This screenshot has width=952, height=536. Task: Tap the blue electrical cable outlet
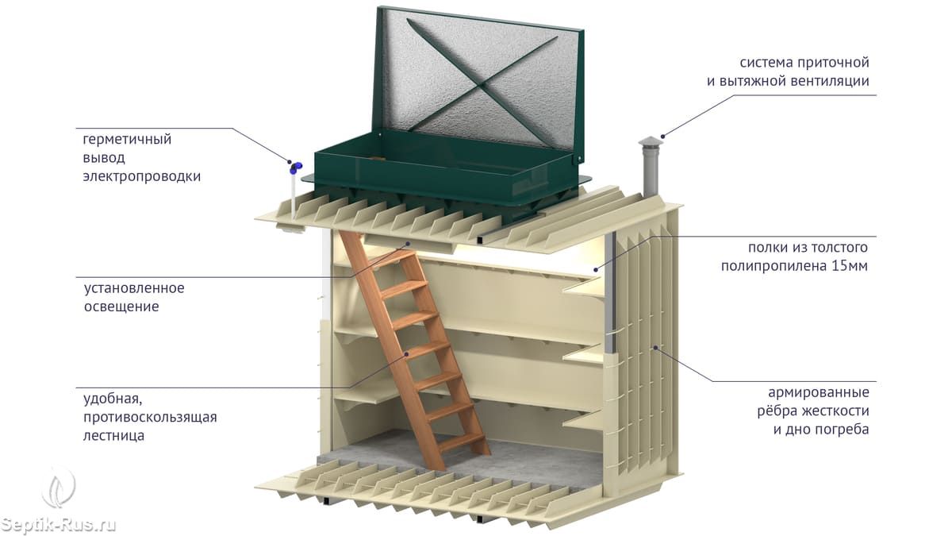point(294,168)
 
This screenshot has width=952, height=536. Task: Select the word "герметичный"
point(127,140)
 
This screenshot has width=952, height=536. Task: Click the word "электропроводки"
point(141,176)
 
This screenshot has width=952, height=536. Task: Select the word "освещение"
point(121,307)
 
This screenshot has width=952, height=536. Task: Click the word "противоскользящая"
point(150,417)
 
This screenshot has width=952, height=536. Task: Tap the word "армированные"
point(819,393)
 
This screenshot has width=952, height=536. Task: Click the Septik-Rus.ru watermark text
point(59,525)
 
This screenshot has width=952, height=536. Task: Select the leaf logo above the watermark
point(59,486)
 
